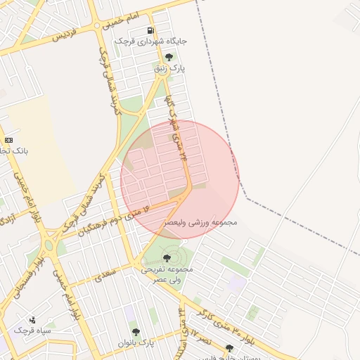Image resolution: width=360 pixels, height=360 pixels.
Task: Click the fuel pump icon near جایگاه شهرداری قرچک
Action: (151, 31)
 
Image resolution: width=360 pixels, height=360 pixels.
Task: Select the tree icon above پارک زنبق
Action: (169, 58)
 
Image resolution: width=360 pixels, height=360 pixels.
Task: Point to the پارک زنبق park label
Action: (169, 69)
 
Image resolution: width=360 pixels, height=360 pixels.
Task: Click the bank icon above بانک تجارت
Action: (8, 140)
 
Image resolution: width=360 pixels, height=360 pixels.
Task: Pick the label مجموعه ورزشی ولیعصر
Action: (202, 221)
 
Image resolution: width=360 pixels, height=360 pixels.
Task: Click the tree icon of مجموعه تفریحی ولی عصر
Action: (166, 259)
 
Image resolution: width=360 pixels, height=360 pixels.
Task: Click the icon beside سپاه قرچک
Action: (32, 319)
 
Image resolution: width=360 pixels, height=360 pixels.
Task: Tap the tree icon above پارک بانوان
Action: (136, 331)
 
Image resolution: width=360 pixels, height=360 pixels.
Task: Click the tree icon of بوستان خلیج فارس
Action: (229, 348)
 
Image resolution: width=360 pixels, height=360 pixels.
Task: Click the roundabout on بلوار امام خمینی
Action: (48, 245)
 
